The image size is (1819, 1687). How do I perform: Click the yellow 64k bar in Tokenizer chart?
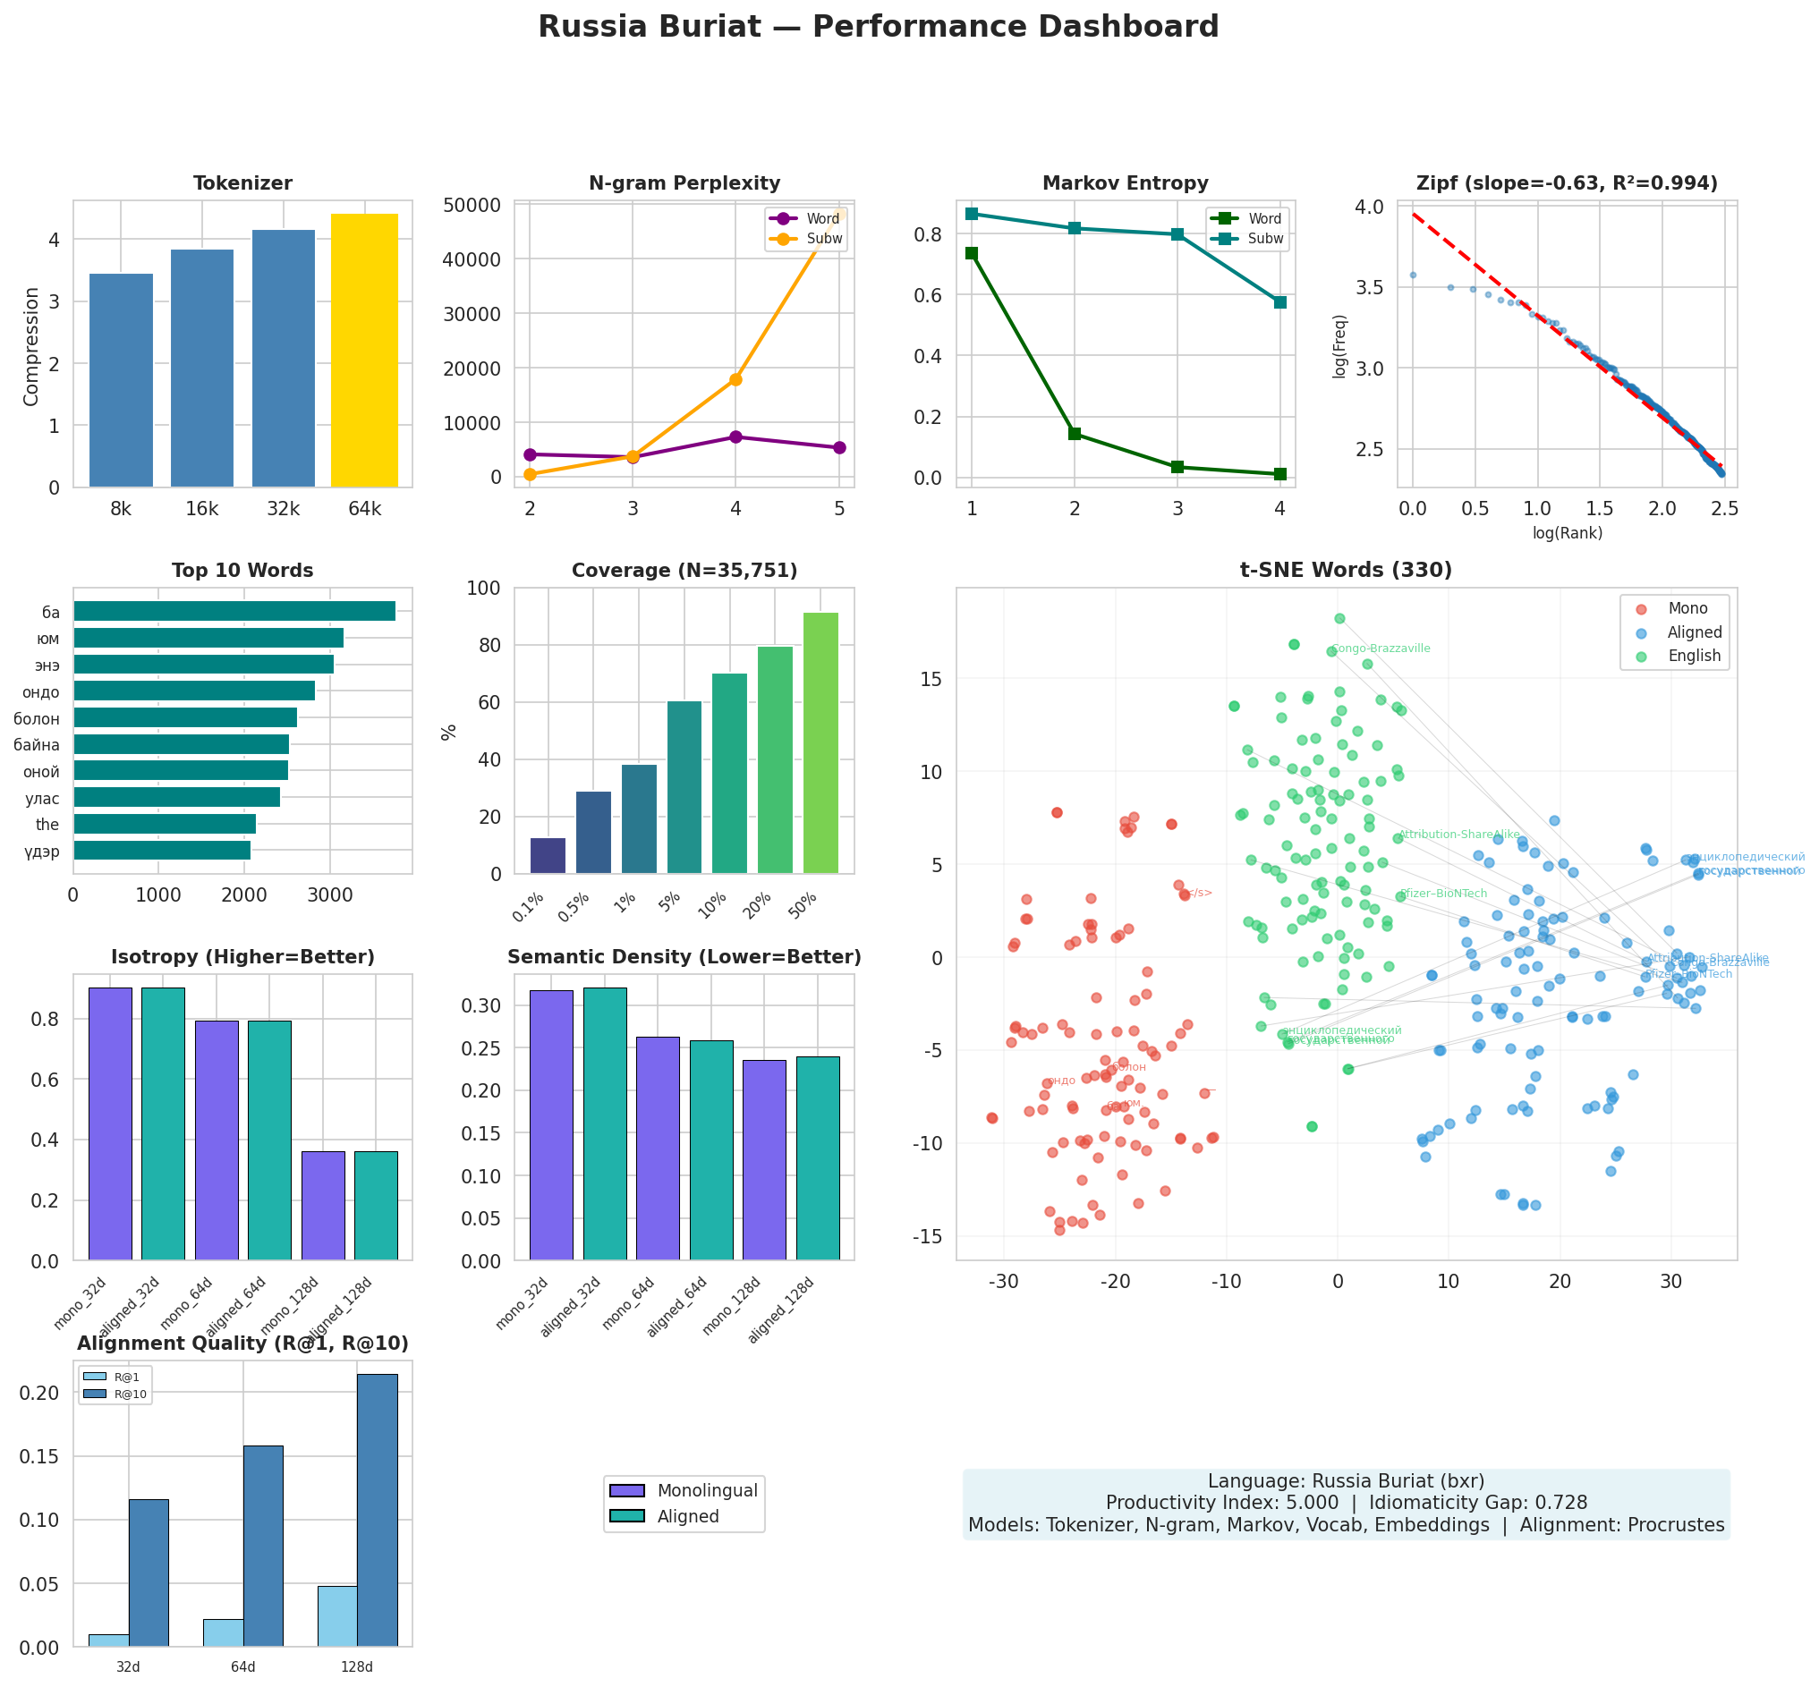[363, 350]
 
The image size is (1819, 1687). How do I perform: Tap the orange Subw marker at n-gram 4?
[735, 379]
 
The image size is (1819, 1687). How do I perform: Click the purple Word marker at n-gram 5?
[838, 447]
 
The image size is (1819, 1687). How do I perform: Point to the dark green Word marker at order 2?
[1074, 434]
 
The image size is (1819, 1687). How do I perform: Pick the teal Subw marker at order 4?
[1279, 302]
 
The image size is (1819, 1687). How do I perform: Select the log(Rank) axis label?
[1567, 533]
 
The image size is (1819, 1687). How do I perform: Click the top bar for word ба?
[234, 611]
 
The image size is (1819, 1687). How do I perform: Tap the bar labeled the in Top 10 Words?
[165, 825]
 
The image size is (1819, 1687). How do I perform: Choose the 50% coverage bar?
[820, 742]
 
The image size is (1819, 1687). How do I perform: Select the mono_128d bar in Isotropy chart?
[323, 1205]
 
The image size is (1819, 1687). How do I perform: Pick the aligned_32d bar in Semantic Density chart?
[605, 1123]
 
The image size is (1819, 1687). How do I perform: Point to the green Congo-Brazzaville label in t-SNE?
[1381, 649]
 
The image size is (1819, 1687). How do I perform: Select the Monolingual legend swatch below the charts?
[626, 1491]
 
